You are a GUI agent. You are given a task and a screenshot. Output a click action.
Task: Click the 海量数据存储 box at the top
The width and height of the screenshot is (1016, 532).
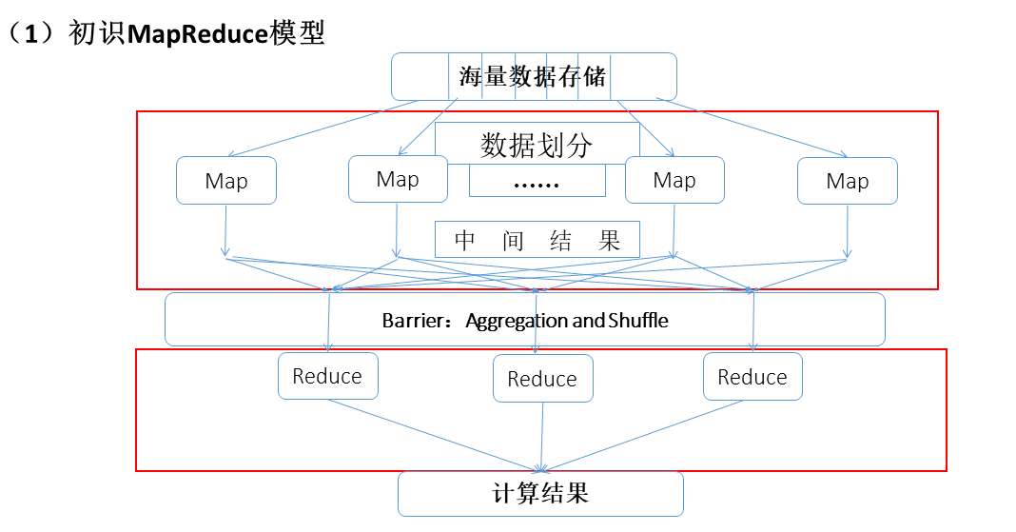pos(534,76)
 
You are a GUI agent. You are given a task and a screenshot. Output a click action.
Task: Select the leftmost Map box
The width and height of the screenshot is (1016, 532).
pos(226,181)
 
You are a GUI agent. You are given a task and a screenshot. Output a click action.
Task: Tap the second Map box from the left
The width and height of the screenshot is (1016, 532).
pos(398,179)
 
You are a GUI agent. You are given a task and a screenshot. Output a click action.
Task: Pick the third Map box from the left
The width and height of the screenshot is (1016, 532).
pos(674,180)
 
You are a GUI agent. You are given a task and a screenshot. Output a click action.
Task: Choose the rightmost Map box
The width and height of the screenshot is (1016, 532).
pos(847,181)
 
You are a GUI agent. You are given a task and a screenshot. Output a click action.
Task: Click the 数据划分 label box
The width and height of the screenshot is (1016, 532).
pos(537,145)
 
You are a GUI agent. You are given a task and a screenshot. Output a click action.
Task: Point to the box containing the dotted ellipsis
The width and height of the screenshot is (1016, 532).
pos(537,181)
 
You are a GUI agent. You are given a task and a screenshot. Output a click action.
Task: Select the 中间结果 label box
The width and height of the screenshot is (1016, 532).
pos(537,240)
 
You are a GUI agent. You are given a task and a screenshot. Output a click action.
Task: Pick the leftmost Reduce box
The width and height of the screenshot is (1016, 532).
pos(327,376)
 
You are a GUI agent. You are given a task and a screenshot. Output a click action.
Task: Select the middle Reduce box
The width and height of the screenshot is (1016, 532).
pos(542,379)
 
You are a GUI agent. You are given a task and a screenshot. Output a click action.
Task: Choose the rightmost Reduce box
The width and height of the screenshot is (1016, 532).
pos(752,377)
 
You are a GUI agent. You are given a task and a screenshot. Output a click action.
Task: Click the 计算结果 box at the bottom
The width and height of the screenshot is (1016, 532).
pos(540,494)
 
